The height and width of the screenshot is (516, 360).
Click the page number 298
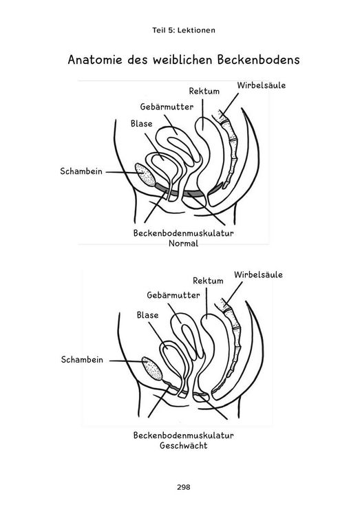(x=184, y=487)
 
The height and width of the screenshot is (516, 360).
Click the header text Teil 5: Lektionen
(x=184, y=30)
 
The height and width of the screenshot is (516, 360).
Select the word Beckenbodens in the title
(x=258, y=60)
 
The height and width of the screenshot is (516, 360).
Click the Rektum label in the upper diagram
(x=204, y=91)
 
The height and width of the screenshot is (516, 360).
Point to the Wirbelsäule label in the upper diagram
(x=261, y=85)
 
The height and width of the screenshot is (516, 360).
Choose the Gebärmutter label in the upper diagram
(x=167, y=107)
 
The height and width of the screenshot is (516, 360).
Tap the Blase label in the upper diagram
(x=142, y=124)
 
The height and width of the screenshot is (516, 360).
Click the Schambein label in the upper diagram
(x=81, y=171)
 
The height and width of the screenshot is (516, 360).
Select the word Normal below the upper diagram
(x=184, y=244)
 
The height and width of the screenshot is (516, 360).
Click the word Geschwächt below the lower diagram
(x=184, y=446)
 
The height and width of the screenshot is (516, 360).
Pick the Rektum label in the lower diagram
(x=208, y=281)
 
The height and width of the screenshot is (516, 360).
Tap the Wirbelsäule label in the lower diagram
(x=258, y=275)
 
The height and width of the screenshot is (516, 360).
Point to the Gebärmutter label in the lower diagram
(x=173, y=295)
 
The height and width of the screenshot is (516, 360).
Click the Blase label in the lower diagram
(x=147, y=315)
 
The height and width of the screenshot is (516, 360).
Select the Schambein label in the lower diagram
(x=82, y=360)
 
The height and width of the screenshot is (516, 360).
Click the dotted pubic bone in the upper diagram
(x=145, y=175)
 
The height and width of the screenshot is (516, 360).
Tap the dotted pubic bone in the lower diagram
(x=152, y=369)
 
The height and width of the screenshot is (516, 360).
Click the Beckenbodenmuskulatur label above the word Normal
(x=184, y=233)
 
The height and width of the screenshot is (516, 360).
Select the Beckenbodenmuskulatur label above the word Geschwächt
(x=184, y=436)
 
